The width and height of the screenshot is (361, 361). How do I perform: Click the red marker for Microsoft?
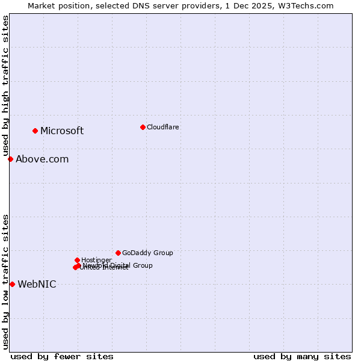[x=35, y=131]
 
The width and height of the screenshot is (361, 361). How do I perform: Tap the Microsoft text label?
[x=62, y=131]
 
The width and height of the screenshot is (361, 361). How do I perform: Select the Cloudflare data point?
[x=143, y=127]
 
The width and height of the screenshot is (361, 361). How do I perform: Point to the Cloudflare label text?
[x=162, y=128]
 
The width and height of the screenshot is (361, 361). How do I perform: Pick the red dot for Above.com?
[x=10, y=159]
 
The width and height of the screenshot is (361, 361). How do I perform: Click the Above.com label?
[x=42, y=159]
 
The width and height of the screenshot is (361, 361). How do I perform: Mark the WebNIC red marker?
[x=12, y=284]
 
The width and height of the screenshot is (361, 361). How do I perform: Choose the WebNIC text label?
[x=37, y=285]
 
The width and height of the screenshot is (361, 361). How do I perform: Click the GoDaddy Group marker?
[x=118, y=253]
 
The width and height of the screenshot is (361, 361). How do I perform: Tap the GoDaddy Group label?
[x=147, y=253]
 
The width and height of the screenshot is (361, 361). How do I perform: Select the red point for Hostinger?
[x=77, y=260]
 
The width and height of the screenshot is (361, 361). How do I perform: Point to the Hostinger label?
[x=96, y=261]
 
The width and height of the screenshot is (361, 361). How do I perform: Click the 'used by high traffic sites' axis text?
[x=6, y=86]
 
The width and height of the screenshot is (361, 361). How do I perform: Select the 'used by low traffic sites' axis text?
[x=6, y=282]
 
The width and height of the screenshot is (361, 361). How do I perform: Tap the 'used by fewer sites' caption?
[x=62, y=356]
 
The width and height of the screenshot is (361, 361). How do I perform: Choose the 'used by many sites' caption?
[x=302, y=356]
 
